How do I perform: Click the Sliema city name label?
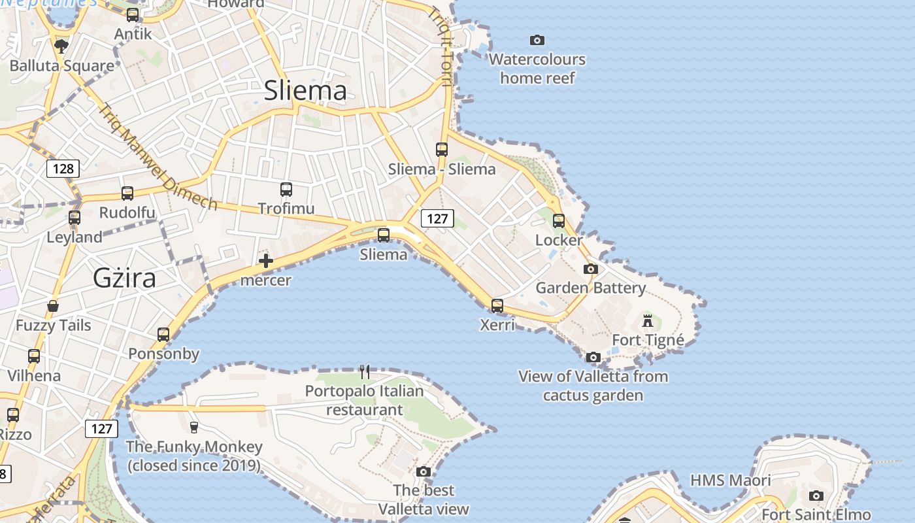pos(305,90)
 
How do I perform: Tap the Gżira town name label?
pos(124,278)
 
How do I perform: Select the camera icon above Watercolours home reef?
pos(537,41)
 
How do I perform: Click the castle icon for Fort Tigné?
pos(648,321)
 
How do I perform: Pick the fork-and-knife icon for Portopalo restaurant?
pos(365,372)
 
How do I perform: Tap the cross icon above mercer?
pos(266,261)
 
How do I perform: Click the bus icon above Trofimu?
pos(286,190)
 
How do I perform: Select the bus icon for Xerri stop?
pos(497,305)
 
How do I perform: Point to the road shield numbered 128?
pos(63,169)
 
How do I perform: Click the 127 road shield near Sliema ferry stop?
pos(437,218)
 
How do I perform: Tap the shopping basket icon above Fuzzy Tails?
pos(53,306)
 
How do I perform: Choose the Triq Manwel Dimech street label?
pos(158,157)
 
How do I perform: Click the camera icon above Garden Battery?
pos(591,269)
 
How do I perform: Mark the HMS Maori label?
pos(731,481)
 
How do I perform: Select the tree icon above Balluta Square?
pos(61,46)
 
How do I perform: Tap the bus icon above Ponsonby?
pos(163,335)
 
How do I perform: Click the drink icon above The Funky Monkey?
pos(194,428)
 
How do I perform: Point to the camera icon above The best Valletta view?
pos(424,471)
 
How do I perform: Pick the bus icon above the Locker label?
pos(559,221)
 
